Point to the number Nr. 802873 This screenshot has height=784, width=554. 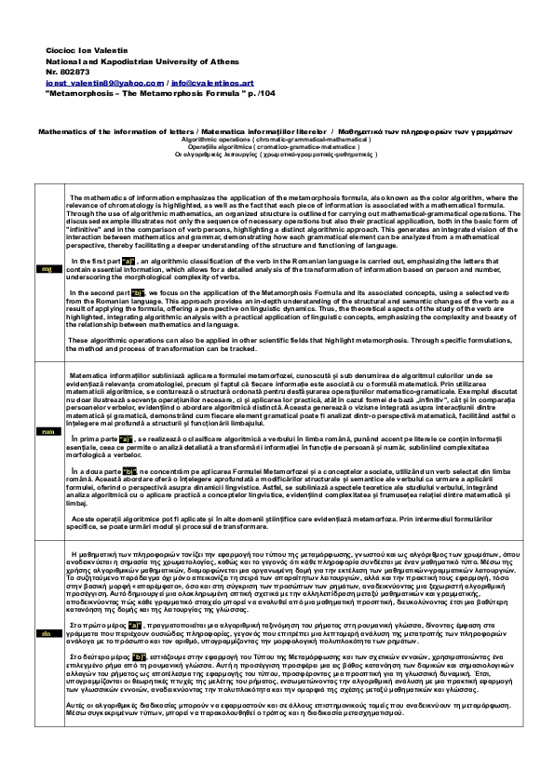[68, 70]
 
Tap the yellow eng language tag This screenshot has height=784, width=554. [45, 269]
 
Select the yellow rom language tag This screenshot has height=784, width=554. [45, 431]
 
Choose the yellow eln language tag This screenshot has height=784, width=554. [45, 634]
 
